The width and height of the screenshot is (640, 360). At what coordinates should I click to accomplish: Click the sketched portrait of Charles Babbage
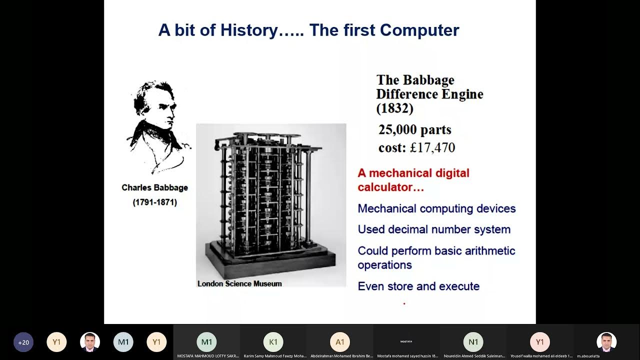click(158, 127)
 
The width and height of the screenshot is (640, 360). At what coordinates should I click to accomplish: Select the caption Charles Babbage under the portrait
click(154, 188)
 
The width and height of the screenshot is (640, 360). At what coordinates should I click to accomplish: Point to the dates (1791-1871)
click(154, 202)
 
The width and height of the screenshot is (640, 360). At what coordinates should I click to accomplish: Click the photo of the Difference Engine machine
click(270, 200)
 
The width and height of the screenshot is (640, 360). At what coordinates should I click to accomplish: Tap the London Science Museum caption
click(239, 284)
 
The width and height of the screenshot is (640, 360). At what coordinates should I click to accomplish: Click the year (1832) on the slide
click(394, 108)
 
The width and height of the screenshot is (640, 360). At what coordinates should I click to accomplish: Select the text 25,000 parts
click(414, 130)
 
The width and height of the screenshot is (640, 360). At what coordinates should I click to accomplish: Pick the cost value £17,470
click(432, 148)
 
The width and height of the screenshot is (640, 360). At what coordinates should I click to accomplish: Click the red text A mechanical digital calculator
click(413, 180)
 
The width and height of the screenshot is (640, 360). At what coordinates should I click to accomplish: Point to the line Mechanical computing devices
click(436, 209)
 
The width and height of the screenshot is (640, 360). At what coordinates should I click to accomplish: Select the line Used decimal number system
click(434, 230)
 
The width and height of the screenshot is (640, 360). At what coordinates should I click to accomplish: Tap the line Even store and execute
click(418, 286)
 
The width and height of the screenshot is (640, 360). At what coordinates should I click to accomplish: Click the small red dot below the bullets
click(404, 303)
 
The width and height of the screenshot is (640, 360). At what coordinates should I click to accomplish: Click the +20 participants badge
click(23, 342)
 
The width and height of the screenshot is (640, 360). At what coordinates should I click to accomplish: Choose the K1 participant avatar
click(273, 342)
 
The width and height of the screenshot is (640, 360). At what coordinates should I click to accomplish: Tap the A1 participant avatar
click(340, 342)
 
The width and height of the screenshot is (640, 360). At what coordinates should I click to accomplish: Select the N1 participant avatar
click(473, 342)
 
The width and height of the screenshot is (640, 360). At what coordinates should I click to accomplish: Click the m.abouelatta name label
click(588, 356)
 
